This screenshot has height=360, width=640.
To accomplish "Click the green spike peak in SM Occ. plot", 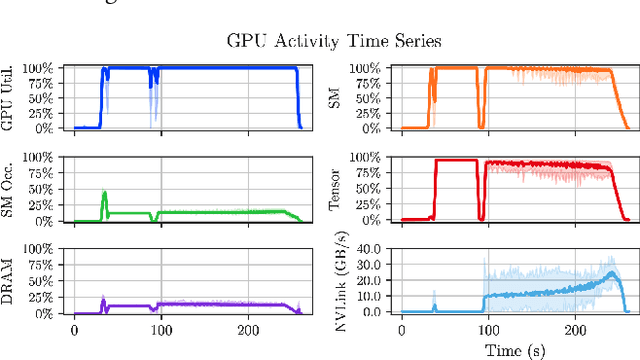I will point(104,192).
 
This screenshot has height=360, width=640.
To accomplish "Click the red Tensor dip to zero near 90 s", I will point(480,218).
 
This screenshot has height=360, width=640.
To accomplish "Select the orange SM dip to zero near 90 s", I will point(480,126).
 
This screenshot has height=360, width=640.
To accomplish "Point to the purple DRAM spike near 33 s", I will point(103,298).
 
